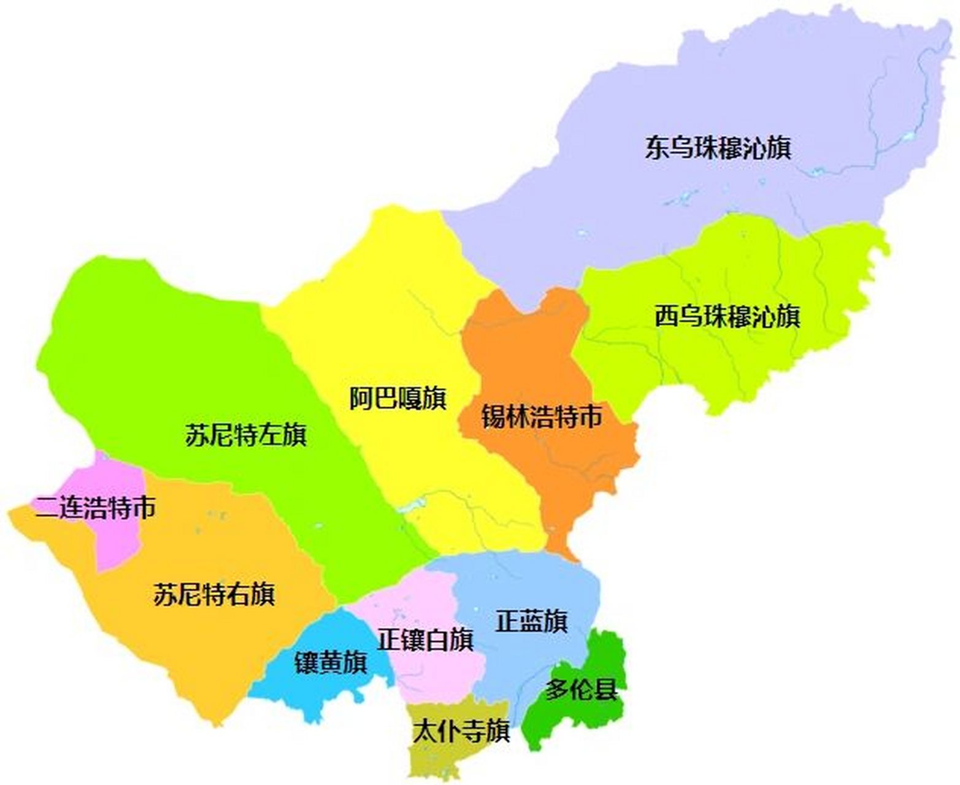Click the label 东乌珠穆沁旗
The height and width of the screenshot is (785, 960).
tap(718, 148)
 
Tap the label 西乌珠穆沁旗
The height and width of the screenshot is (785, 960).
tap(727, 317)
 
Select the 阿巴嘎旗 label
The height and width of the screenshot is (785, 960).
tap(397, 399)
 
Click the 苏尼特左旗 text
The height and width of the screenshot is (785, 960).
tap(245, 435)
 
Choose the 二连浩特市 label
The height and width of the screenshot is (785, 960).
tap(95, 508)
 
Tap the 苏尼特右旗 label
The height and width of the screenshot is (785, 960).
tap(213, 594)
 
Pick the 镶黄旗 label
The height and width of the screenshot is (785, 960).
tap(331, 662)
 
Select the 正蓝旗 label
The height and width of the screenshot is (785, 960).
tap(531, 621)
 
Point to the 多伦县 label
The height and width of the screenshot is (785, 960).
tap(581, 690)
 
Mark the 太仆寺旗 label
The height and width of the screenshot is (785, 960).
tap(461, 731)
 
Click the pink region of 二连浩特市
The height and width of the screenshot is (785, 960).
tap(117, 540)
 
